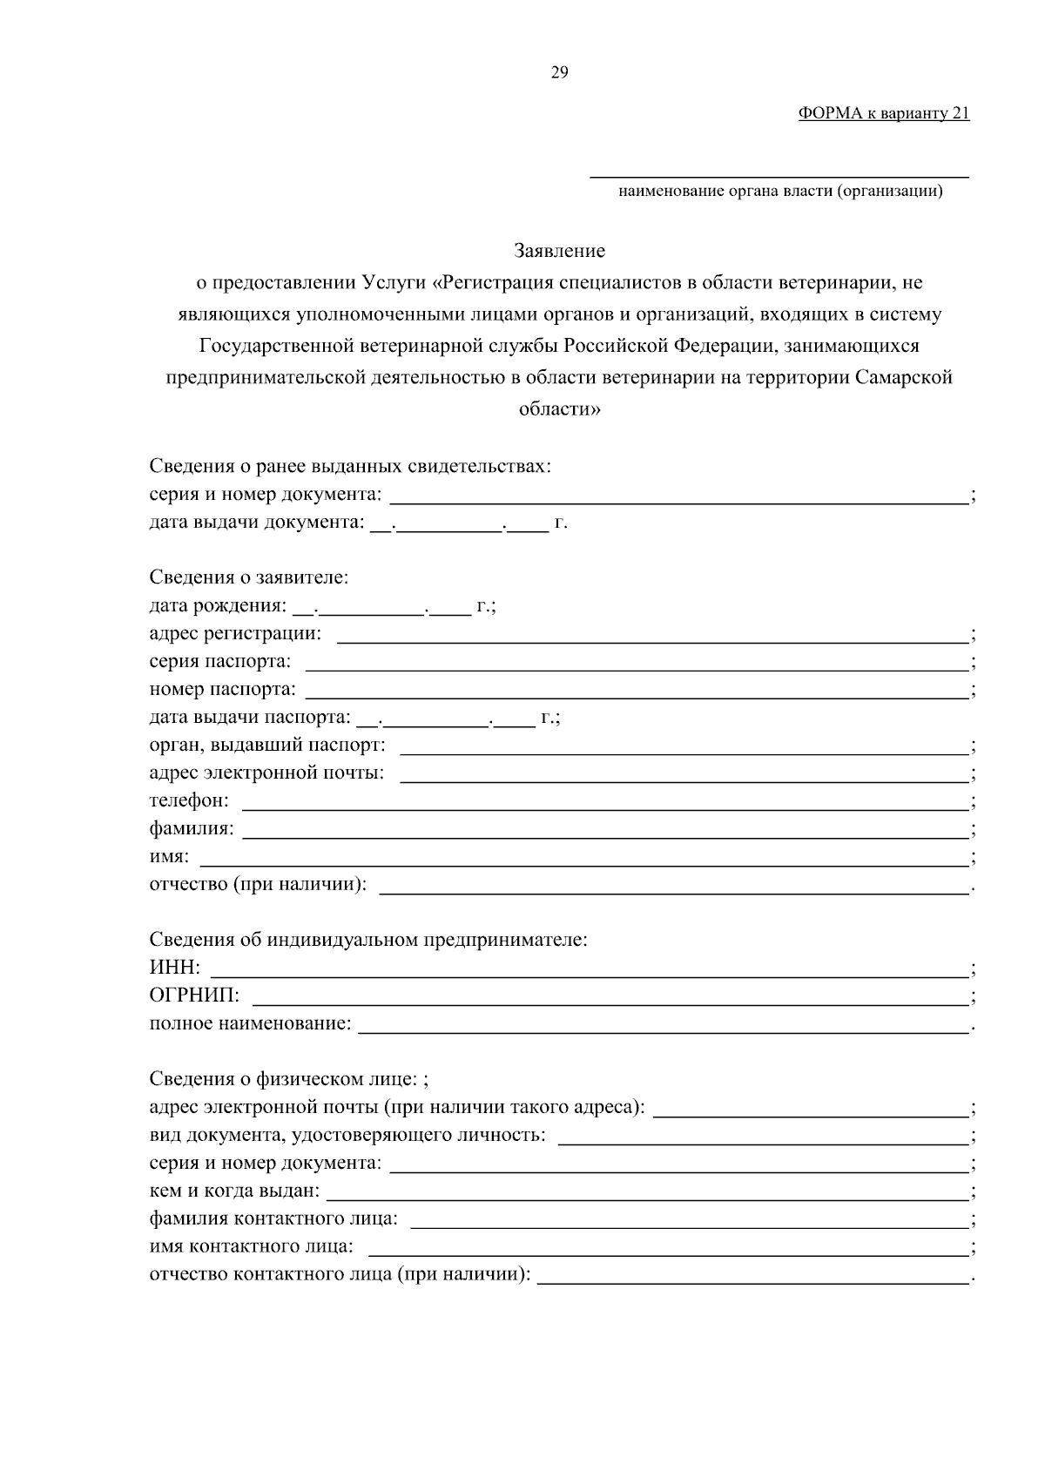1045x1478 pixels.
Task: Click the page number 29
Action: click(559, 72)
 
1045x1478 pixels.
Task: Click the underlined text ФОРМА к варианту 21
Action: click(883, 113)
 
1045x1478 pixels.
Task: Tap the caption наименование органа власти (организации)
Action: click(780, 192)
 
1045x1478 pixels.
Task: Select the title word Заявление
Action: click(559, 252)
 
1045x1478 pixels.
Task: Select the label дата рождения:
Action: click(217, 605)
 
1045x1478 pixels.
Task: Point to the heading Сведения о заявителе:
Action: click(249, 577)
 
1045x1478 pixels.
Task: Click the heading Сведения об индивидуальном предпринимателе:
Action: click(368, 940)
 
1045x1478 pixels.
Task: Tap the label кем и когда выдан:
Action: click(234, 1191)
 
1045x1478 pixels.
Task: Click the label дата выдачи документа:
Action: click(256, 523)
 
